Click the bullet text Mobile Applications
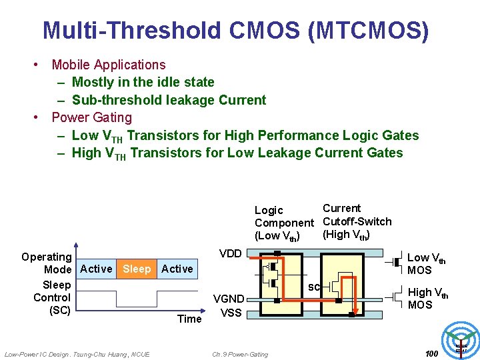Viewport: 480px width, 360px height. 109,65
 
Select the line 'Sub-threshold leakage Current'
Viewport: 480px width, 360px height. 169,100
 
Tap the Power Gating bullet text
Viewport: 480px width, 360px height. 92,117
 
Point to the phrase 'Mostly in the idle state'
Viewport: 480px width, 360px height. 143,82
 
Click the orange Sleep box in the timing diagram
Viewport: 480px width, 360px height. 137,269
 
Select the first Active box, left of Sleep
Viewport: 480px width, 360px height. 96,269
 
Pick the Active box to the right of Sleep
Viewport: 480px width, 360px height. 177,269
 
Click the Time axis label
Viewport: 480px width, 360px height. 189,319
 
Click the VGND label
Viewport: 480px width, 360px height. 228,299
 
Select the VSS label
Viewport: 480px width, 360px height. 231,312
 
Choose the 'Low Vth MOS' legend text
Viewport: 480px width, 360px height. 427,263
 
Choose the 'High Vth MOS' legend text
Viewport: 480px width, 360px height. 427,298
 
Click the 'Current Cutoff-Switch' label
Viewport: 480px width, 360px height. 356,221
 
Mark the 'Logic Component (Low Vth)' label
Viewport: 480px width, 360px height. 283,223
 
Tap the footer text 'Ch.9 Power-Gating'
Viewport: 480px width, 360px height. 240,354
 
